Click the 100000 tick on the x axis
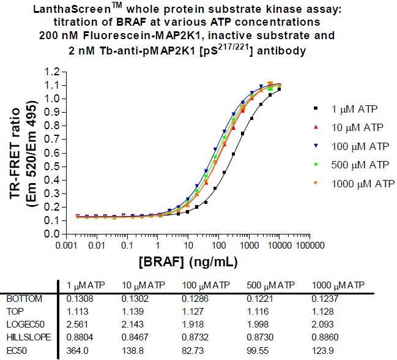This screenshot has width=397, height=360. (x=311, y=244)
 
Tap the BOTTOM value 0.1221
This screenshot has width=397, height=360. (x=259, y=299)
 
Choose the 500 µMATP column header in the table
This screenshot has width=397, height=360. (x=270, y=285)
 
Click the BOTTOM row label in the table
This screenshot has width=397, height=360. (x=24, y=299)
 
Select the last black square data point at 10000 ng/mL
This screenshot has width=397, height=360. (x=279, y=89)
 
